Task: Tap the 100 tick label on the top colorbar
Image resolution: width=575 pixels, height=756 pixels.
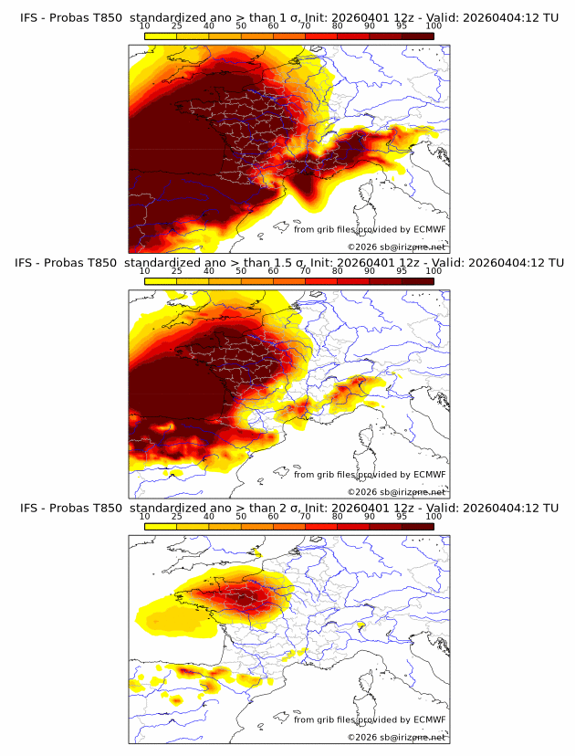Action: [434, 26]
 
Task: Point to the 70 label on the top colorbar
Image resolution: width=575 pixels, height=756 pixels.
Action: [305, 26]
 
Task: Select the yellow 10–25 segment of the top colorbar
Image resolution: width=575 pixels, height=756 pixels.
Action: [160, 36]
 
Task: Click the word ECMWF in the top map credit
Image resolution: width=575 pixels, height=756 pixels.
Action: [429, 229]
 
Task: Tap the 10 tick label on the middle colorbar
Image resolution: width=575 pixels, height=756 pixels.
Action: [144, 271]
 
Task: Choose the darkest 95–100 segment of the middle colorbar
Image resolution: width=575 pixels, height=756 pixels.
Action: [417, 281]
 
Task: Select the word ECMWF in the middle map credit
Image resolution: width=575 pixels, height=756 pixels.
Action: [429, 475]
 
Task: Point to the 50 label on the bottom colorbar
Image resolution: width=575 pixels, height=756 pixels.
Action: [241, 517]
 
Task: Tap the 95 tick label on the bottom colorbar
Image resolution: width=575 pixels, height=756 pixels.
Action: [402, 517]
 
